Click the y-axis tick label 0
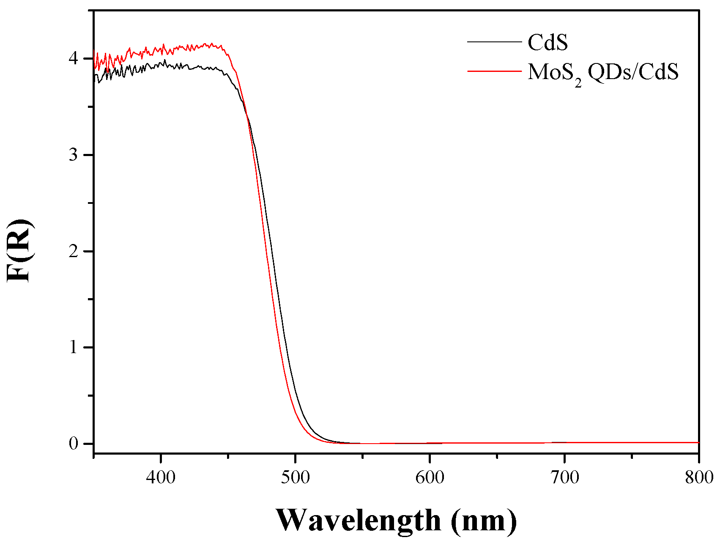[x=74, y=444]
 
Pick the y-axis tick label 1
[x=74, y=348]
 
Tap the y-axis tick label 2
[x=74, y=251]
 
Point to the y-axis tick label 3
[x=74, y=155]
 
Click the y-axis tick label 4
[x=74, y=58]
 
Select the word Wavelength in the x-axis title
[x=359, y=520]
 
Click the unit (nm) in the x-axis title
[x=484, y=520]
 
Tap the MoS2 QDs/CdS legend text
[x=603, y=72]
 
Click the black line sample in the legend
[x=494, y=42]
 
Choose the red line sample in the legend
[x=494, y=71]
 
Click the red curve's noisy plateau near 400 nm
[x=161, y=49]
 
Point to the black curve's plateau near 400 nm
[x=161, y=64]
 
